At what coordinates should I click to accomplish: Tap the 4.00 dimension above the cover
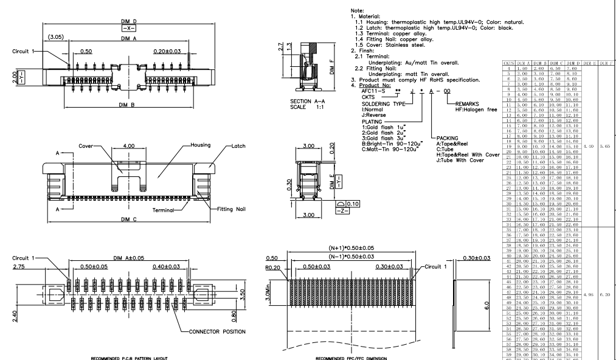(129, 147)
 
